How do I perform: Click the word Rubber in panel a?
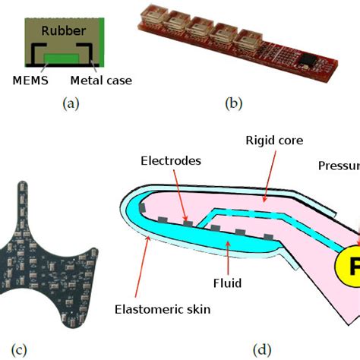point(63,33)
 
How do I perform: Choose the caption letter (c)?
point(19,350)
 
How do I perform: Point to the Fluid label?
point(227,283)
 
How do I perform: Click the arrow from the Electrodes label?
point(179,194)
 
